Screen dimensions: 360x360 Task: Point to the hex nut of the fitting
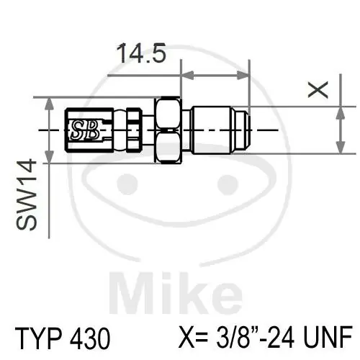point(167,130)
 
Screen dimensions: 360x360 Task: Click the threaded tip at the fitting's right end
point(245,130)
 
